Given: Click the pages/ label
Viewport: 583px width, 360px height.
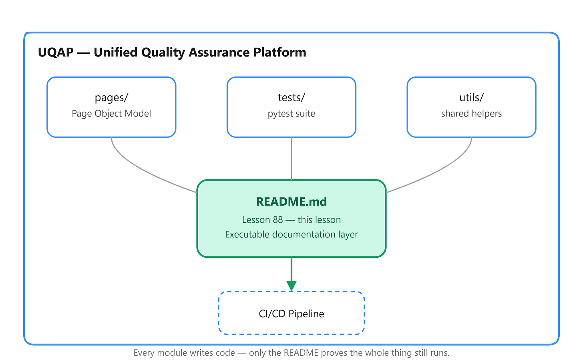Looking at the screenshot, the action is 111,98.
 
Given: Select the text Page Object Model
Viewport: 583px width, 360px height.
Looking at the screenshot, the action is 111,113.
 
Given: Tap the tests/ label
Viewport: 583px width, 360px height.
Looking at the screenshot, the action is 291,98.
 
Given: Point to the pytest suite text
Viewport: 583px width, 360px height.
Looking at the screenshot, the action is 291,114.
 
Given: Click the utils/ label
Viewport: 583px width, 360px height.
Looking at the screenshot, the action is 471,98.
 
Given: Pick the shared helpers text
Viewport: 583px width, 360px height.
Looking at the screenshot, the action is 471,113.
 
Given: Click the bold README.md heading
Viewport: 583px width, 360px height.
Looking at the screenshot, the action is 291,202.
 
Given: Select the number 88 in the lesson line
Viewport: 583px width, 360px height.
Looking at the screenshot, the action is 278,220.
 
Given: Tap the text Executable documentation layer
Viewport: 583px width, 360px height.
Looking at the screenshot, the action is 291,235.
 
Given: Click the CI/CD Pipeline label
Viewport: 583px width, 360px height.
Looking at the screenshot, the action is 291,314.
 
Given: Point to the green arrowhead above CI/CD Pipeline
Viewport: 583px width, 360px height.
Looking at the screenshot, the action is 291,286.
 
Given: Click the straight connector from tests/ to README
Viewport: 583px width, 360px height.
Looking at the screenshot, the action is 291,159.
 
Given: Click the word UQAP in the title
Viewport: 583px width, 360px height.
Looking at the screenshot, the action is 56,52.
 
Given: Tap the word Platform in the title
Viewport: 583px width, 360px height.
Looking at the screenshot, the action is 279,52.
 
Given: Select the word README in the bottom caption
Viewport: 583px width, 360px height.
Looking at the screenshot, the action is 301,353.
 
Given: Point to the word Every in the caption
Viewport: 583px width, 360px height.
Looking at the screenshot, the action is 144,353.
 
